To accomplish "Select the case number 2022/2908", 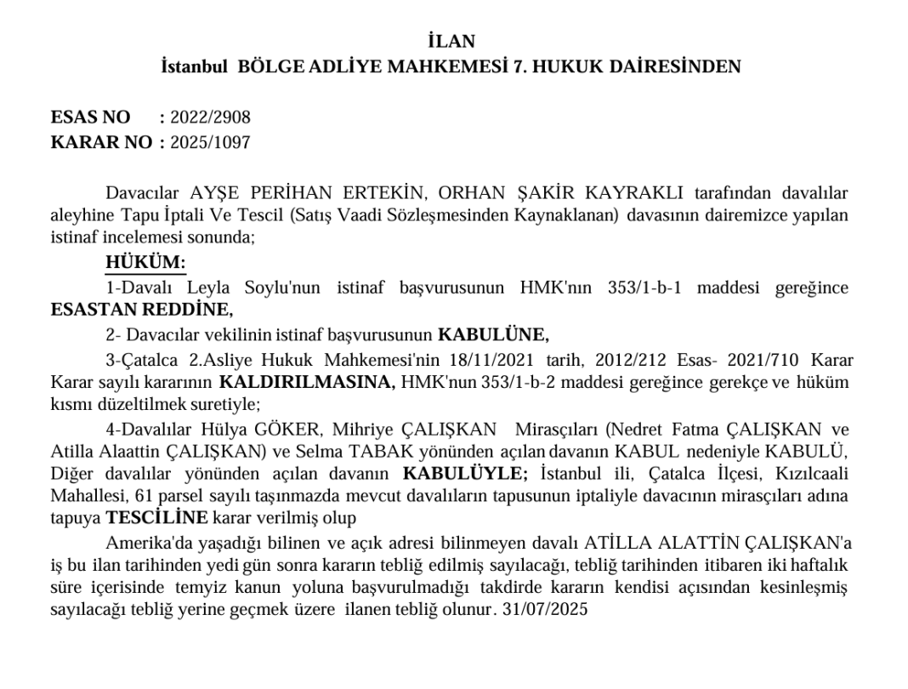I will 210,117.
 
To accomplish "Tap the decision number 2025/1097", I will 210,142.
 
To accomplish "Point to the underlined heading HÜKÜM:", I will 145,263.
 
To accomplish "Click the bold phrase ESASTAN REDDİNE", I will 141,310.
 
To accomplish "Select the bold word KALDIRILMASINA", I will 307,382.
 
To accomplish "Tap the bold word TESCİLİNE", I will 157,517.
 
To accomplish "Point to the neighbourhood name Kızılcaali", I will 809,472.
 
